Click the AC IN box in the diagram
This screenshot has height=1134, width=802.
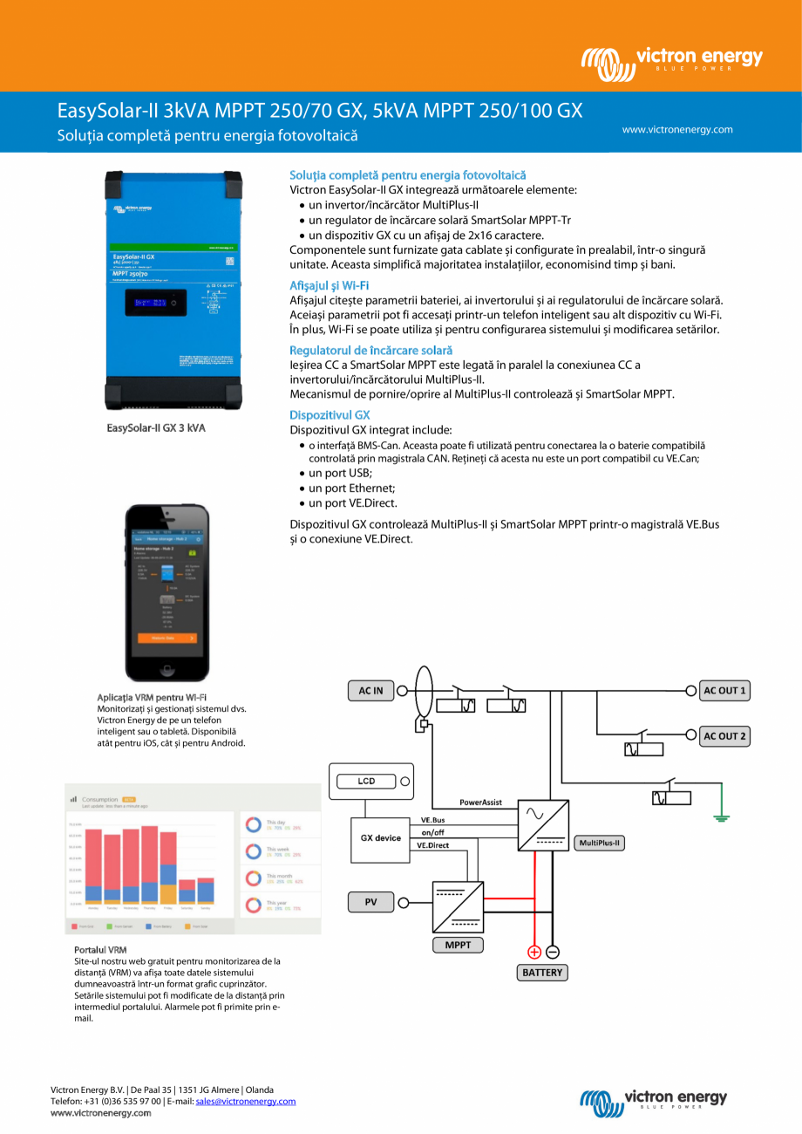370,691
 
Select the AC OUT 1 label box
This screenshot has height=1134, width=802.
724,690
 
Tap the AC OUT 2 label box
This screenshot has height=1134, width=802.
724,736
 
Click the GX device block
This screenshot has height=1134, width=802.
381,838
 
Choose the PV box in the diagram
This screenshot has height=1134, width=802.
370,902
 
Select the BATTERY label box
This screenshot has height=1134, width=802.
542,972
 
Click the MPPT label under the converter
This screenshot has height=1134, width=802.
458,945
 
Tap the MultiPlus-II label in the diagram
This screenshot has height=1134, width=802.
600,843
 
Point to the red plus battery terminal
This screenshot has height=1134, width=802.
534,952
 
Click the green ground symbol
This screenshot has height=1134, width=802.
721,817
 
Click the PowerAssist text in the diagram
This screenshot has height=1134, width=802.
480,802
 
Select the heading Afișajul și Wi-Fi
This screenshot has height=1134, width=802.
329,285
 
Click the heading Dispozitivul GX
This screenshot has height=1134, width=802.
330,415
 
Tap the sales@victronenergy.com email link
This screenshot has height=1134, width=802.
245,1101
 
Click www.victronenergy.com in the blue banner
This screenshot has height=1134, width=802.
676,130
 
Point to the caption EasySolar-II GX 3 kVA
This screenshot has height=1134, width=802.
155,428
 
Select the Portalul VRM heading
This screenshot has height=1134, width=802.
100,949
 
